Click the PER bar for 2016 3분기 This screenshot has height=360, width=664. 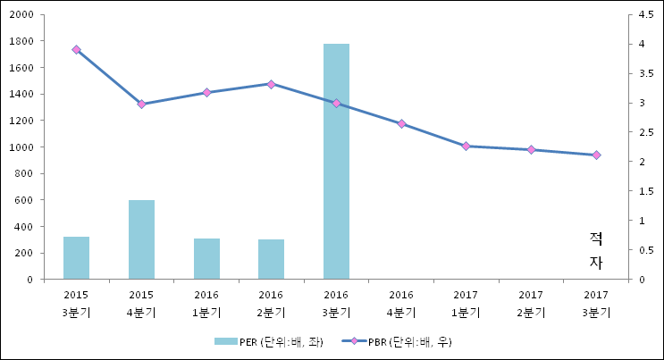pos(336,161)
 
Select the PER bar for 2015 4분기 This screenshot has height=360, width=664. pos(141,239)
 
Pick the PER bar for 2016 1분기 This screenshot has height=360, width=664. pos(206,258)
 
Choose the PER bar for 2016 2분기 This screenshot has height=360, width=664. pos(271,259)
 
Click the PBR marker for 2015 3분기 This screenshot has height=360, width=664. pos(76,50)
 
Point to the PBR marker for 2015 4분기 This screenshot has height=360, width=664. pos(141,105)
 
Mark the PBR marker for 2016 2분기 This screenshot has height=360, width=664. pos(271,84)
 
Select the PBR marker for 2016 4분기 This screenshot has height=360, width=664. pos(401,124)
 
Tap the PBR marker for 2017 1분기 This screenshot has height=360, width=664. pos(466,146)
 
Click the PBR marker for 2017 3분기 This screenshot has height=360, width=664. pos(596,155)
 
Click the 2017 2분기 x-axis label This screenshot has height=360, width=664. pos(531,303)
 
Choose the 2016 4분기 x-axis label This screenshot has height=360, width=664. pos(401,303)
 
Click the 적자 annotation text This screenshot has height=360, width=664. pos(596,250)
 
